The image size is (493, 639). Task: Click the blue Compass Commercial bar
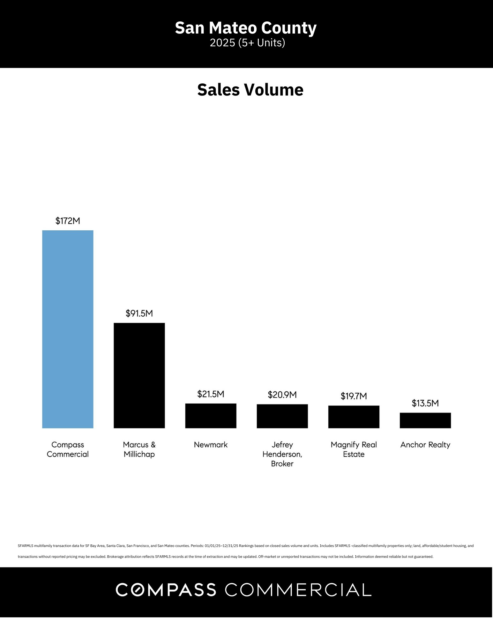tap(68, 329)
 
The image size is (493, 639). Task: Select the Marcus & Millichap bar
tap(139, 375)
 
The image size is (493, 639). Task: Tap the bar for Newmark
tap(211, 416)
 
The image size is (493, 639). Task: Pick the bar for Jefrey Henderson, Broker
tap(282, 416)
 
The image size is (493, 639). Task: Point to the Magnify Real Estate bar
tap(354, 417)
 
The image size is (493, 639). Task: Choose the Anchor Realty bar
tap(425, 420)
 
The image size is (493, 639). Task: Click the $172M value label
tap(68, 221)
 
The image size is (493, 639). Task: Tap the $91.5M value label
tap(139, 313)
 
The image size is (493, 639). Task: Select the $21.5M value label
tap(211, 394)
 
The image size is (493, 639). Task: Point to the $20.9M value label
tap(282, 395)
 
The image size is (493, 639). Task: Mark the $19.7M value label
tap(354, 396)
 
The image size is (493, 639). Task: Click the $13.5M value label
tap(425, 403)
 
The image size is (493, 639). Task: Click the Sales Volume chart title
tap(250, 90)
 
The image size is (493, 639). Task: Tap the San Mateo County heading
tap(246, 28)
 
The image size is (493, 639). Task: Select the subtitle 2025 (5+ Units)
tap(247, 43)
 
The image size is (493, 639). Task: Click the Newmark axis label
tap(211, 445)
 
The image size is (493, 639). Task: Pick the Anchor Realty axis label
tap(425, 445)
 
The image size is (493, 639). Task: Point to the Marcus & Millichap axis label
tap(139, 449)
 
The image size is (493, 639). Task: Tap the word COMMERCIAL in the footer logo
tap(298, 589)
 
